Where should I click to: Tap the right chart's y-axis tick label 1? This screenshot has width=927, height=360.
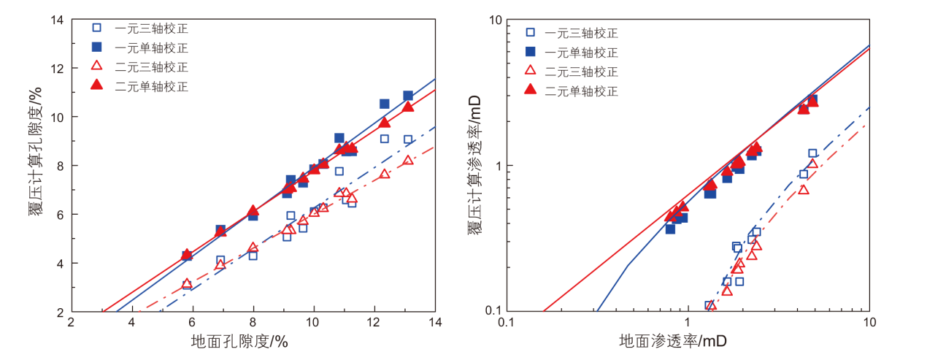[x=497, y=166]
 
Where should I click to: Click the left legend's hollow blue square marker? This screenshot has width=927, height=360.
[x=96, y=28]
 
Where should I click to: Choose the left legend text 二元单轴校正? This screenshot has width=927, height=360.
[x=151, y=86]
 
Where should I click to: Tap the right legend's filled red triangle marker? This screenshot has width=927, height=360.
[x=531, y=91]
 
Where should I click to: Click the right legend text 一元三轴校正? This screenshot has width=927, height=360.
[x=582, y=33]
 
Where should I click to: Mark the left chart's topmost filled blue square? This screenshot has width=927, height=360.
[x=408, y=96]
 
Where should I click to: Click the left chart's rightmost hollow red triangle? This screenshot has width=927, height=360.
[x=408, y=160]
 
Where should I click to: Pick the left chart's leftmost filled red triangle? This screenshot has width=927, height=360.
[x=187, y=254]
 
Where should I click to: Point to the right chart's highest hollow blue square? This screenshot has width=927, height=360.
[x=812, y=153]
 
